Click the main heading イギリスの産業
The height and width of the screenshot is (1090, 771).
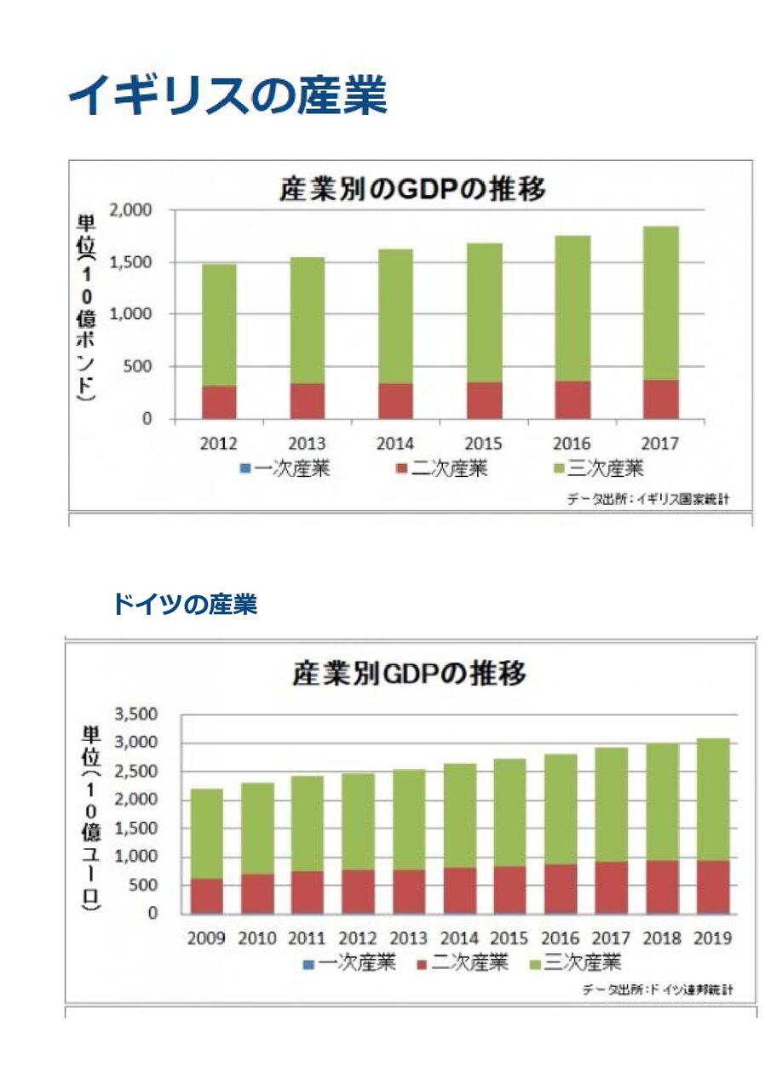pos(227,95)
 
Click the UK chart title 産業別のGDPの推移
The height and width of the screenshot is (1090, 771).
pos(412,189)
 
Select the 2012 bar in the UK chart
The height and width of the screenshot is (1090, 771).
pos(219,341)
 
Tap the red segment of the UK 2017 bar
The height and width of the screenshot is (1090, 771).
pos(660,399)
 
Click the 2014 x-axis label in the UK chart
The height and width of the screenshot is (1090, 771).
pos(395,443)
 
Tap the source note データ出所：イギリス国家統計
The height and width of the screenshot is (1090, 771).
pos(647,499)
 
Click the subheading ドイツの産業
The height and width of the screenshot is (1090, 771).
pos(184,605)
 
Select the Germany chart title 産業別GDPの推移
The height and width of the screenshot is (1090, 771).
pos(409,674)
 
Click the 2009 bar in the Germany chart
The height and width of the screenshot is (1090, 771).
pos(207,852)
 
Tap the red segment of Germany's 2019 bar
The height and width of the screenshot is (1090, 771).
pos(713,886)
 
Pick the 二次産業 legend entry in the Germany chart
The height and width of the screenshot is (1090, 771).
pos(464,963)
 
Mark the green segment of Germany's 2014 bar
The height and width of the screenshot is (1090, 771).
pos(460,815)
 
